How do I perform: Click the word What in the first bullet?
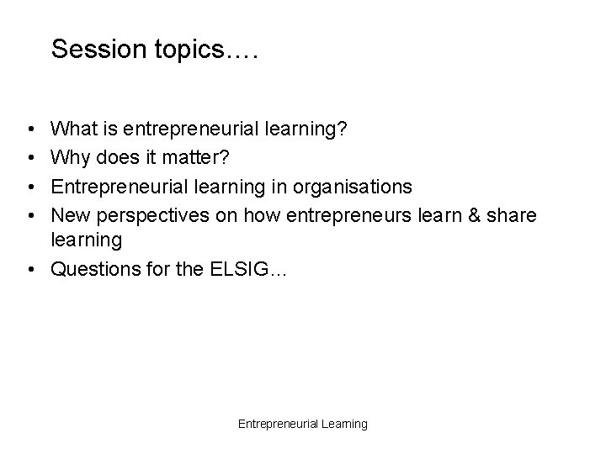tap(74, 129)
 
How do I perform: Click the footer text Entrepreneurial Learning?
tap(302, 425)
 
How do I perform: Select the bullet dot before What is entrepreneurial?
tap(30, 129)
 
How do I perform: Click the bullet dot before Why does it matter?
tap(30, 157)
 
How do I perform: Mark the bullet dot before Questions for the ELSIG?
tap(30, 270)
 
